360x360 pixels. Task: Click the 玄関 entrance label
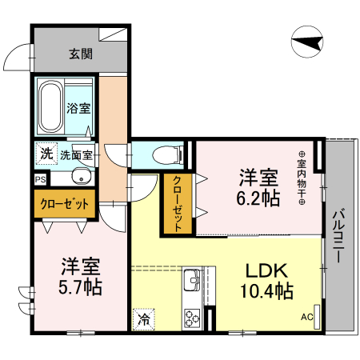click(x=80, y=54)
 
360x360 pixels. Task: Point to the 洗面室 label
click(x=77, y=155)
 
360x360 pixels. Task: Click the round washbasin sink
click(x=78, y=178)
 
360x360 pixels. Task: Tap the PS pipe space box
click(x=40, y=180)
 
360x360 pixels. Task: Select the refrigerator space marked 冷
click(x=144, y=318)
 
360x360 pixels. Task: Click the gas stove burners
click(x=193, y=315)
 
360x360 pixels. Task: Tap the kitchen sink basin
click(x=192, y=282)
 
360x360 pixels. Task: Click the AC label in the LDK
click(x=306, y=317)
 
